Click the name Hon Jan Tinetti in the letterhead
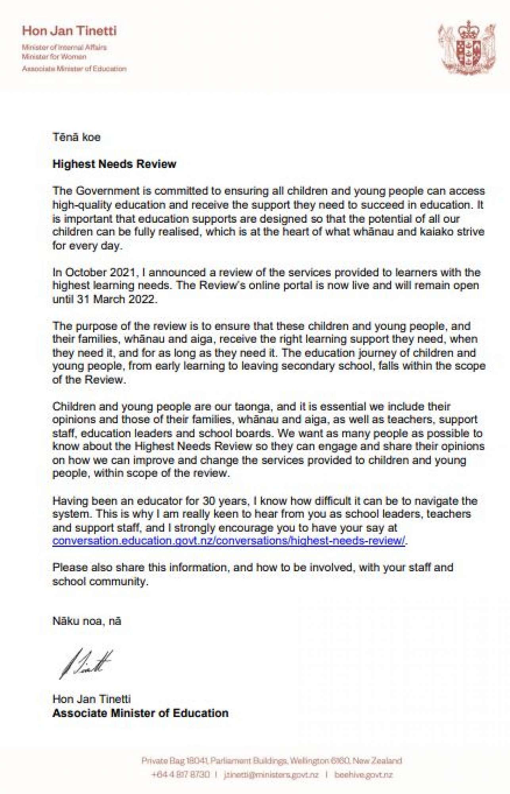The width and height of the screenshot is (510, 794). click(69, 31)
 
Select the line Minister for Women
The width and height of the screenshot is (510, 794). click(54, 57)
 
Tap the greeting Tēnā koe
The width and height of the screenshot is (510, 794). click(77, 137)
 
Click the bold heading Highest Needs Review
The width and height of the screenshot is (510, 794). click(114, 164)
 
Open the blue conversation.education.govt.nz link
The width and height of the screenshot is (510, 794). click(228, 541)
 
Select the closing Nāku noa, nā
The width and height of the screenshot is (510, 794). click(87, 621)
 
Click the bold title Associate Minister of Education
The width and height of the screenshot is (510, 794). click(140, 713)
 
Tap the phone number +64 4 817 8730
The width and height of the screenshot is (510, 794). click(180, 775)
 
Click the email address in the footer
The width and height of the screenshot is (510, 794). click(271, 775)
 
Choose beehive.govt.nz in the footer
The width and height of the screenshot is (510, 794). click(363, 775)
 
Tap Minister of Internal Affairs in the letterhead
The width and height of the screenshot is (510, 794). click(64, 47)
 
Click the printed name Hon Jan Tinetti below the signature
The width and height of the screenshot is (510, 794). click(92, 699)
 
